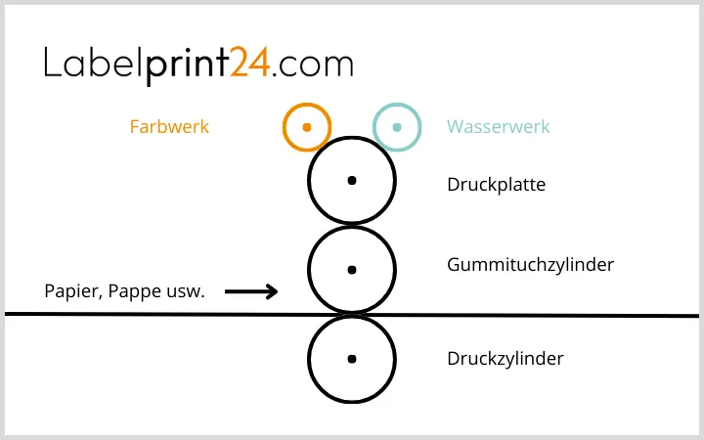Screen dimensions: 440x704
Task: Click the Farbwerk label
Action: click(x=169, y=127)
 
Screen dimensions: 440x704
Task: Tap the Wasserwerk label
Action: click(x=499, y=127)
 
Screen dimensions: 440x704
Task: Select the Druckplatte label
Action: click(x=496, y=184)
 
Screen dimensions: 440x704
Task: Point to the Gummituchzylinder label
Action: click(x=530, y=264)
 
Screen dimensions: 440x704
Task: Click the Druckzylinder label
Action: click(x=505, y=359)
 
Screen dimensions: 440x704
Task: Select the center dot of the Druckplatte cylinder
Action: click(x=352, y=180)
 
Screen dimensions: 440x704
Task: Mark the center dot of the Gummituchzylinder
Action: click(x=352, y=269)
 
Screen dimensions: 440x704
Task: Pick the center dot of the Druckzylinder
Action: click(x=352, y=359)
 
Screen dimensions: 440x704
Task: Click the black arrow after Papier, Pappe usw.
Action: click(x=251, y=290)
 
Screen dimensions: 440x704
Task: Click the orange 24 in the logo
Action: click(x=250, y=65)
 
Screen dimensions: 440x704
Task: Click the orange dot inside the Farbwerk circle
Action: click(x=307, y=127)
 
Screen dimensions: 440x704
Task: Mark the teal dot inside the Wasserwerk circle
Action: click(x=397, y=127)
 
